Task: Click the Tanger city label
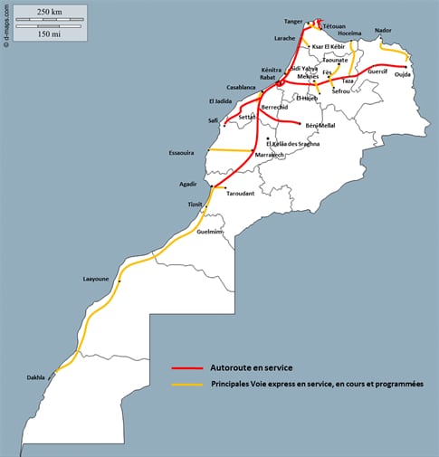tap(292, 20)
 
